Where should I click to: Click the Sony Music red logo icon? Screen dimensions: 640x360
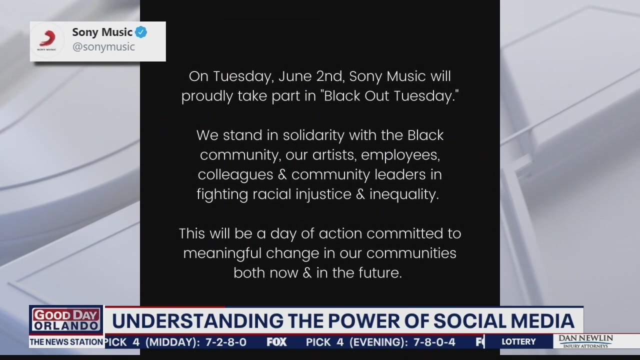click(47, 40)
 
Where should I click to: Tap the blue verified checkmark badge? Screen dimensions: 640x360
click(141, 32)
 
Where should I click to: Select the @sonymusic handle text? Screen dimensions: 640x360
click(103, 47)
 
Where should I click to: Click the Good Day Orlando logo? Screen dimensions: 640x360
click(66, 319)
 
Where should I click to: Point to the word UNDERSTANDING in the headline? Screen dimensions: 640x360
click(197, 321)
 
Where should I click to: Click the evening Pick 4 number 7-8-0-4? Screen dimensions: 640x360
click(434, 342)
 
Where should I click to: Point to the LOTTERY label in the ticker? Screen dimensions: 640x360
click(518, 341)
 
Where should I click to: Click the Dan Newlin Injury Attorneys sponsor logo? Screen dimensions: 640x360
click(585, 341)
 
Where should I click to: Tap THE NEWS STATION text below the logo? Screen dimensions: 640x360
click(66, 342)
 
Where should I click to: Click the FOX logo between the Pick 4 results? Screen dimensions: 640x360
click(276, 342)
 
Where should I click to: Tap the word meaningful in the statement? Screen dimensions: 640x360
click(222, 253)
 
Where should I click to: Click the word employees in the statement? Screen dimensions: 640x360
click(400, 155)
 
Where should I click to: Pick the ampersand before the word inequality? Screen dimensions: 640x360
click(360, 194)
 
